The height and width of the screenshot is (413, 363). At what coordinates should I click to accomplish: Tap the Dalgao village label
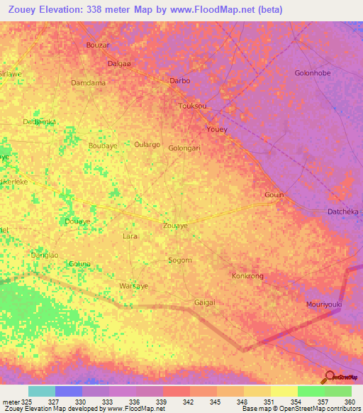(119, 63)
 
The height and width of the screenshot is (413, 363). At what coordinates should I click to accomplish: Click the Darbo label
(180, 81)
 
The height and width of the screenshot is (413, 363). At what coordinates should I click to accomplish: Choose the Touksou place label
(194, 106)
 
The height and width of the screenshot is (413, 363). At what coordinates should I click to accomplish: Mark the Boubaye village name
(103, 145)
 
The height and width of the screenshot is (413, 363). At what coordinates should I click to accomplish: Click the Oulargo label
(147, 144)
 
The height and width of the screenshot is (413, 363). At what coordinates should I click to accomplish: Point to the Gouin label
(274, 195)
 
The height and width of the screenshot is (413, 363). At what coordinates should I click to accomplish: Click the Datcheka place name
(343, 211)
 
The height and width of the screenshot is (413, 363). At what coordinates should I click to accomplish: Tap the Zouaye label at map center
(176, 225)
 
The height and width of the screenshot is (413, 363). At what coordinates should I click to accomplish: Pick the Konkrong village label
(248, 275)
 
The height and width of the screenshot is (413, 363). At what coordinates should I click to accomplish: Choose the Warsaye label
(134, 286)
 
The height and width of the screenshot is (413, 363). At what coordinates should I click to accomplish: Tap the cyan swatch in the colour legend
(42, 391)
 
